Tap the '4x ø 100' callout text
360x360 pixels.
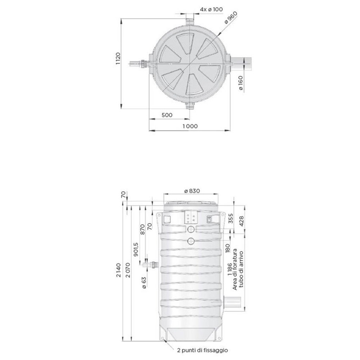[x=211, y=9]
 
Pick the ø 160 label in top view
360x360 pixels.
[x=240, y=83]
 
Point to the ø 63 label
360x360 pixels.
[x=144, y=282]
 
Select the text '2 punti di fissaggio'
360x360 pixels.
[x=202, y=350]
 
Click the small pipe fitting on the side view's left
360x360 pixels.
[x=150, y=266]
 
